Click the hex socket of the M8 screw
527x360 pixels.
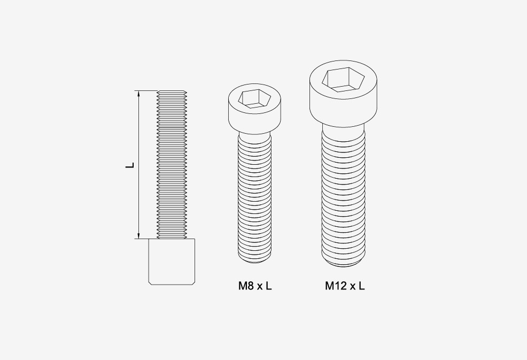(254, 98)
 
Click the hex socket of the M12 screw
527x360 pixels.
(343, 79)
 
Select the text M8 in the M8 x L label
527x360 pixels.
(246, 286)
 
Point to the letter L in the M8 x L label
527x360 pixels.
(268, 286)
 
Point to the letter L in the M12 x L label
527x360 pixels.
(361, 286)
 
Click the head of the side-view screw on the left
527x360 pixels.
(172, 262)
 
